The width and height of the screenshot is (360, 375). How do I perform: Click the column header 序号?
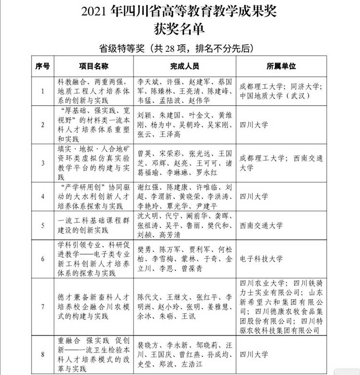[43, 65]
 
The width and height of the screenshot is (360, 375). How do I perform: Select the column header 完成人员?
[184, 65]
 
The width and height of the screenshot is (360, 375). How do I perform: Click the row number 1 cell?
[43, 90]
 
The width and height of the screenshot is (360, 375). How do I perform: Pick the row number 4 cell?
[43, 196]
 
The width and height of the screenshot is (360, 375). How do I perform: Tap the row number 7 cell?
[43, 306]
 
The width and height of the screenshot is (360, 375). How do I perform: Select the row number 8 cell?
[43, 355]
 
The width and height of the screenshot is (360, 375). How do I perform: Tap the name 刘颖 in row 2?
[144, 116]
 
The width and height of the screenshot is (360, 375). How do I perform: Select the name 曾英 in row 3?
[144, 154]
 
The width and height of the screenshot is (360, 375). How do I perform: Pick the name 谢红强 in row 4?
[147, 186]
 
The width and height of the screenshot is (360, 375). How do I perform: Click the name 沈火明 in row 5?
[147, 216]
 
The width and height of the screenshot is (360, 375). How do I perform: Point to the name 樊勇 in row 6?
[144, 249]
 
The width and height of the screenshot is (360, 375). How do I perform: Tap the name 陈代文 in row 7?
[147, 296]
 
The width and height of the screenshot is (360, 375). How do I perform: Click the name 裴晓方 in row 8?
[147, 345]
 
